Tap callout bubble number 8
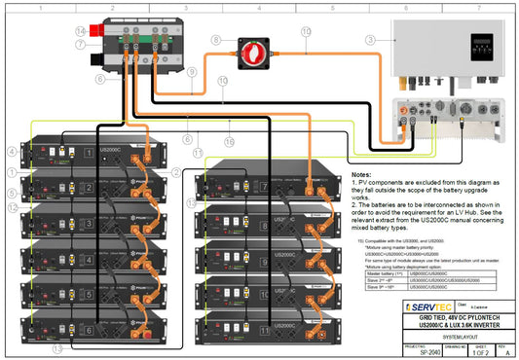[x=216, y=40]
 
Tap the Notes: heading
[x=361, y=174]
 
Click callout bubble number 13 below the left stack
[x=58, y=347]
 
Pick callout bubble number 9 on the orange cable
[x=192, y=71]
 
